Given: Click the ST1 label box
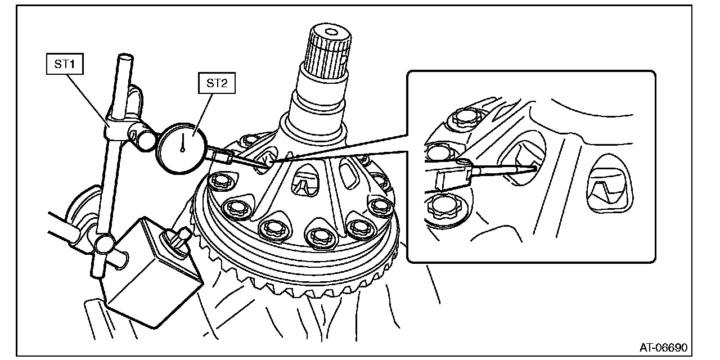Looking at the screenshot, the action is click(65, 64).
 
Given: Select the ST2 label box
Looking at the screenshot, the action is click(217, 83).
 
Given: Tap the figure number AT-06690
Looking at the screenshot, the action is click(663, 347).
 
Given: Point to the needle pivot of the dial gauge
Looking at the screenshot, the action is click(182, 150).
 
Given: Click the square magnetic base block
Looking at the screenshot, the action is click(151, 273).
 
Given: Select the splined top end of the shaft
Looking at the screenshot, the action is click(327, 51).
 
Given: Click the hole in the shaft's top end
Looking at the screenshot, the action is click(330, 32).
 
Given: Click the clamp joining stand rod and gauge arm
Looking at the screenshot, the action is click(129, 129).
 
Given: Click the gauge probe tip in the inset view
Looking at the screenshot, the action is click(534, 168).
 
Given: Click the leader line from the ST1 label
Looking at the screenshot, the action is click(87, 100).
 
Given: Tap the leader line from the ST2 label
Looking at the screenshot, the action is click(203, 114).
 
